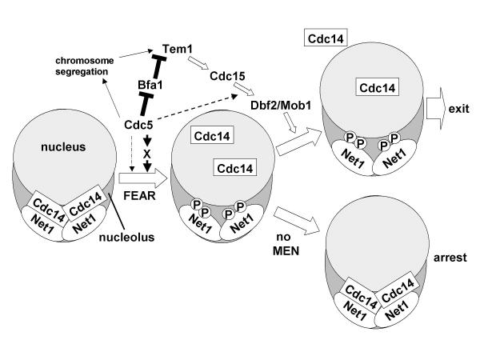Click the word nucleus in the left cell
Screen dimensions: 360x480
pos(61,147)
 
